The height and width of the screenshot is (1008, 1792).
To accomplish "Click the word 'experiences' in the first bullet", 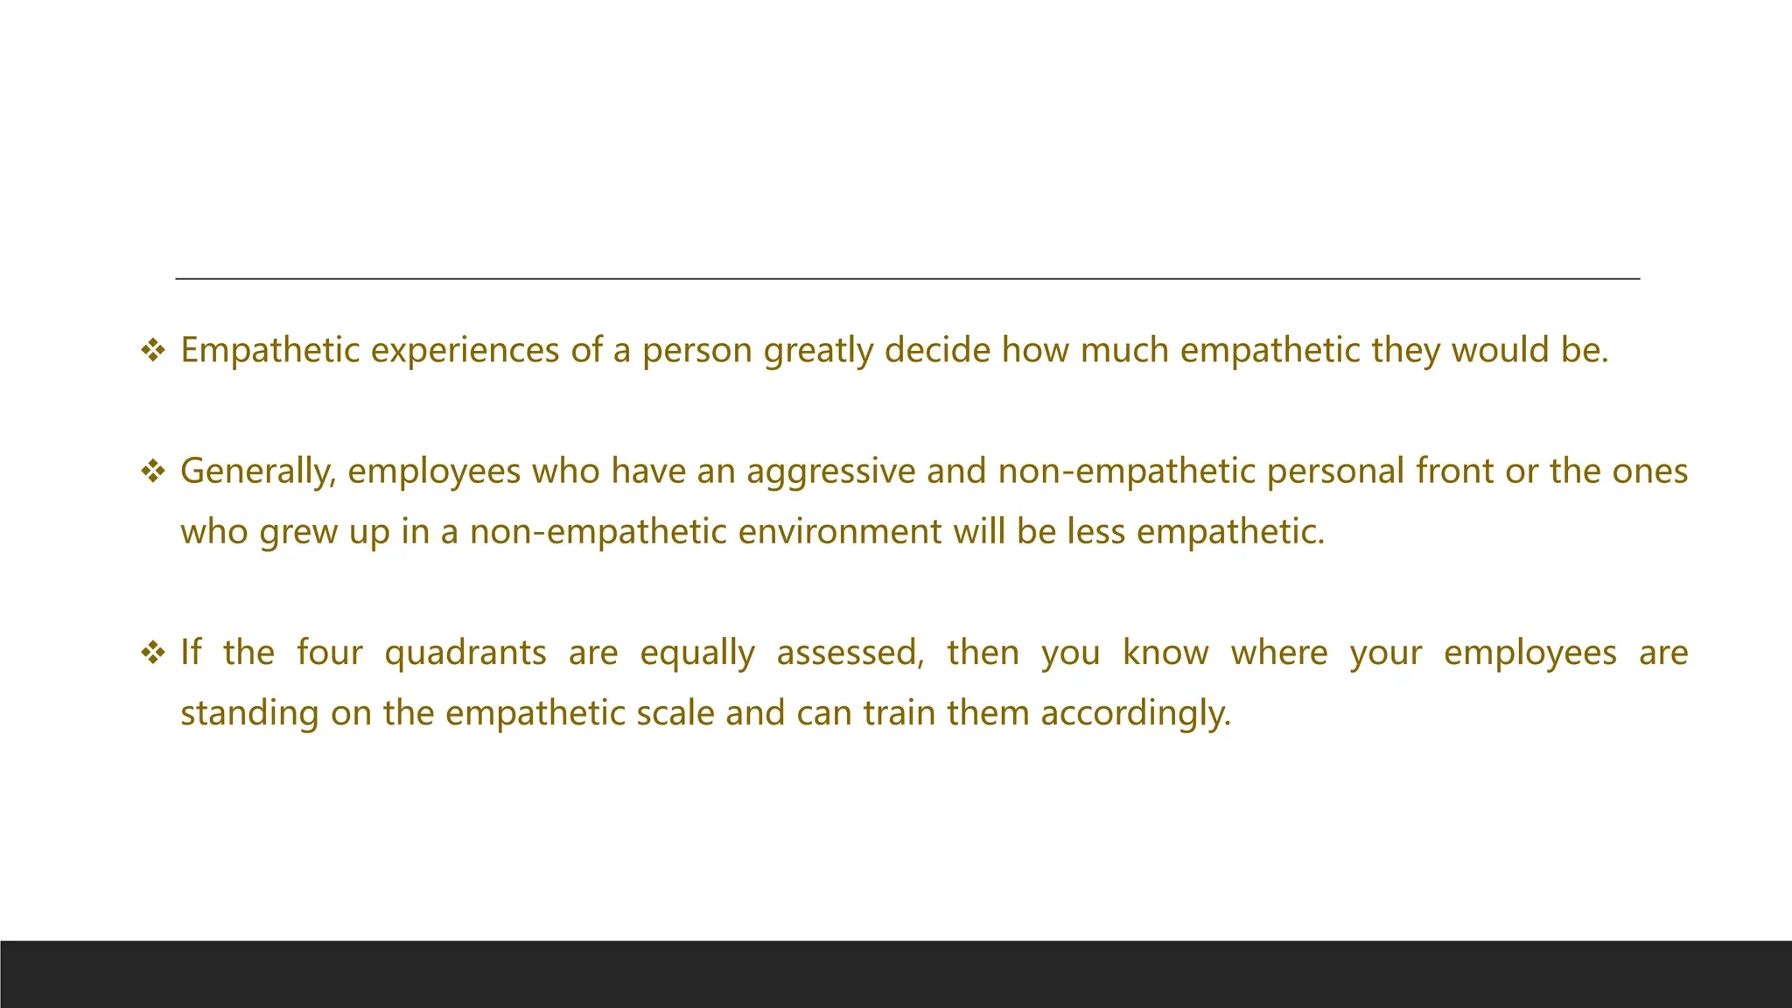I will pos(465,350).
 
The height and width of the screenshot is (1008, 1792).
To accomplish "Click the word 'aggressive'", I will pos(830,472).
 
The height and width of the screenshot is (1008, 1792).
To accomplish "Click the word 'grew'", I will pos(298,532).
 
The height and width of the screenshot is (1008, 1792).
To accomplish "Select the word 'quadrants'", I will pos(465,653).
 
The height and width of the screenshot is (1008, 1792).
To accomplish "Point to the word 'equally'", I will pos(697,653).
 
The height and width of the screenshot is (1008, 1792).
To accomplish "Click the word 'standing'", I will pos(249,713).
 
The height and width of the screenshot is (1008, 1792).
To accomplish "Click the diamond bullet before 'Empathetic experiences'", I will pos(153,351).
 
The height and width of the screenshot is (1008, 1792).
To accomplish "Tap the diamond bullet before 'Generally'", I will pos(153,472).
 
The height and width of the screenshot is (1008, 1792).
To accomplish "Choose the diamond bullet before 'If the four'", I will pos(153,654).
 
